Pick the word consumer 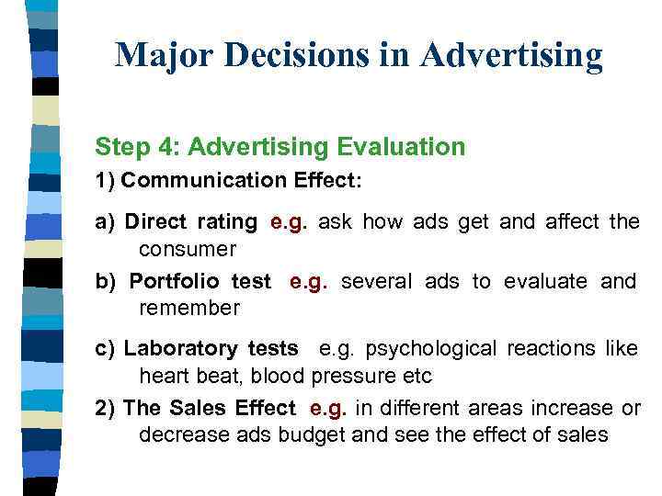[x=187, y=249]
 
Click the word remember [x=188, y=309]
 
